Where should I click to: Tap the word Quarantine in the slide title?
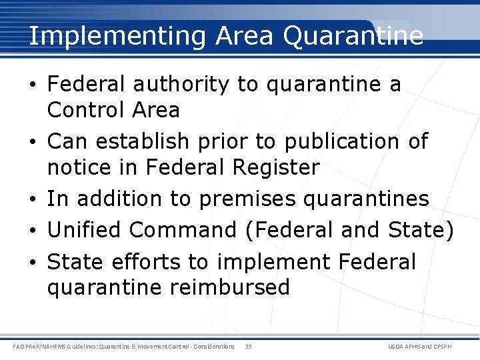pyautogui.click(x=353, y=36)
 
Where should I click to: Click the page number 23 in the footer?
pyautogui.click(x=248, y=347)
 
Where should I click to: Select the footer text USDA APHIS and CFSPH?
pyautogui.click(x=419, y=347)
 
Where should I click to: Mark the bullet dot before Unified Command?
pyautogui.click(x=33, y=231)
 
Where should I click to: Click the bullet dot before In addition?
pyautogui.click(x=33, y=199)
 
